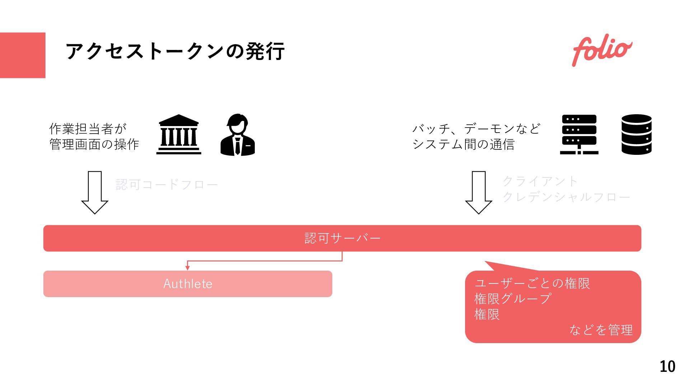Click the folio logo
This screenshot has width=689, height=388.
point(602,51)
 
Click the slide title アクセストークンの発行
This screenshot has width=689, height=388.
point(175,51)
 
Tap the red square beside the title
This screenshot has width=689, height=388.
point(23,55)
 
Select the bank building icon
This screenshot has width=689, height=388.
point(179,135)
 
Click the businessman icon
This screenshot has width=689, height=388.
point(238,135)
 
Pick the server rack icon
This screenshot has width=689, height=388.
point(579,135)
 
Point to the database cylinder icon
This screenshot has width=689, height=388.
point(636,135)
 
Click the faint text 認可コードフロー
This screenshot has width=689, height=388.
point(167,185)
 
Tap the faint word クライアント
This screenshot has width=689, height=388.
point(540,181)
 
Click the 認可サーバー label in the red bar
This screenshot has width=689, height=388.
point(342,238)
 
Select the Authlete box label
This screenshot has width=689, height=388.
point(188,284)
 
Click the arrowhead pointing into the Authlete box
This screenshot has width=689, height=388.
point(187,268)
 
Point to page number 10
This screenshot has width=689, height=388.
point(667,366)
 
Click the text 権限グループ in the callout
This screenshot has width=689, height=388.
point(512,299)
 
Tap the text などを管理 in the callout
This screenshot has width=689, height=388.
point(601,330)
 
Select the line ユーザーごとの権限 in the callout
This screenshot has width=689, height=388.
point(532,283)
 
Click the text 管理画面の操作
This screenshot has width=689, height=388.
point(94,144)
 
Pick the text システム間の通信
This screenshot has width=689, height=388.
point(463,144)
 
